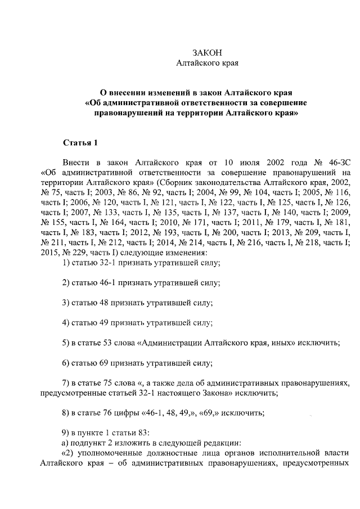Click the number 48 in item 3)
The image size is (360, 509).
click(x=103, y=303)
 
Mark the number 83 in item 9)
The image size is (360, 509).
click(x=141, y=434)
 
